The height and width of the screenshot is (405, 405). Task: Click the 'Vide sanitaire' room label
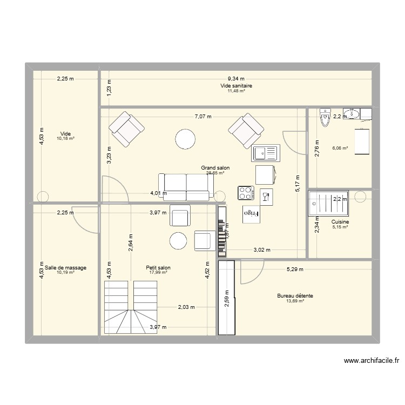tap(236, 85)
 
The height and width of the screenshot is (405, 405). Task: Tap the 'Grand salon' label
tap(215, 168)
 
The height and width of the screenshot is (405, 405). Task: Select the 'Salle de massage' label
tap(66, 267)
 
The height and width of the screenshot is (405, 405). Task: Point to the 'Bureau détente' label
tap(295, 296)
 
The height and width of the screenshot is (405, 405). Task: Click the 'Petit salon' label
tap(158, 267)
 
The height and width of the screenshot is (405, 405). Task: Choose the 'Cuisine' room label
tap(340, 222)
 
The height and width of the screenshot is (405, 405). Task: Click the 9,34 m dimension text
tap(235, 78)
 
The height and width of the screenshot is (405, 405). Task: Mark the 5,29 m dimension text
tap(295, 269)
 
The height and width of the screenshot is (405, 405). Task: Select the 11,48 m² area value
tap(236, 91)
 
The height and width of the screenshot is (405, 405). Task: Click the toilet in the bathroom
tap(325, 117)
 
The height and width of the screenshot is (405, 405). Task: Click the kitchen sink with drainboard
tap(265, 153)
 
